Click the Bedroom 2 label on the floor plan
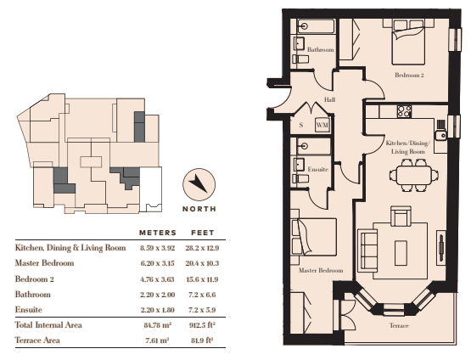[x=409, y=75]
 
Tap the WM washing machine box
[x=322, y=125]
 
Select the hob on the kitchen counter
[x=404, y=111]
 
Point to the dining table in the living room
[x=414, y=175]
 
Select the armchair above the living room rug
[x=401, y=217]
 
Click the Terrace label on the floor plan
[x=399, y=325]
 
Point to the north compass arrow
[x=199, y=183]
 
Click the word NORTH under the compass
[x=199, y=209]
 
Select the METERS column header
[x=158, y=233]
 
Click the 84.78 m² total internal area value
[x=158, y=325]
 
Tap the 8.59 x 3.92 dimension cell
[x=157, y=248]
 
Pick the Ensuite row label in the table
[x=29, y=310]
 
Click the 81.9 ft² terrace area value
[x=202, y=340]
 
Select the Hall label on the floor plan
[x=329, y=99]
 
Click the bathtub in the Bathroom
[x=316, y=26]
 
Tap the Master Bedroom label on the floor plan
[x=321, y=271]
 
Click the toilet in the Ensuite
[x=300, y=179]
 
